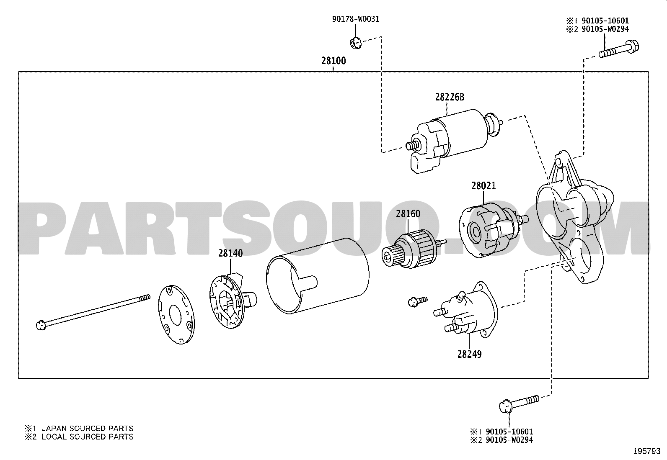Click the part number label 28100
coord(333,61)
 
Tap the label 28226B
coord(450,97)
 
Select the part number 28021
coord(483,186)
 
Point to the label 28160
coord(408,213)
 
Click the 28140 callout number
coord(230,253)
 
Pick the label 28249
coord(470,354)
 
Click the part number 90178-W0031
coord(356,19)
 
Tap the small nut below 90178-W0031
coord(355,43)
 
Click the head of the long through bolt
coord(41,325)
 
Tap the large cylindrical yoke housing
coord(318,276)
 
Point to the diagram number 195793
coord(647,451)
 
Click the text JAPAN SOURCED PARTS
coord(87,428)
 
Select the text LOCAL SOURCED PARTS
coord(87,437)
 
